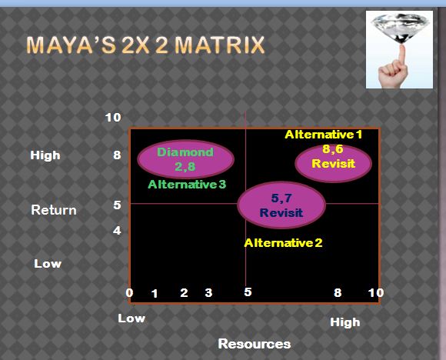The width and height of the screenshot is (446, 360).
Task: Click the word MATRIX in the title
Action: tap(220, 45)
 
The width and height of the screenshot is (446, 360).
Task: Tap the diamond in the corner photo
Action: tap(401, 28)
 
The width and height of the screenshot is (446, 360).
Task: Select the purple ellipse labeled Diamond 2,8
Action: tap(186, 159)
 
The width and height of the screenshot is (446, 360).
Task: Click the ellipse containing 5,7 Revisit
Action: tap(281, 205)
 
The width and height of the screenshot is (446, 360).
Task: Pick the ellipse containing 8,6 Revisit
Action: tap(334, 163)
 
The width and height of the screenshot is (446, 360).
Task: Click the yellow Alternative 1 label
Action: tap(324, 135)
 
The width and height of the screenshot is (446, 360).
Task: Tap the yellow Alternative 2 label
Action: tap(283, 243)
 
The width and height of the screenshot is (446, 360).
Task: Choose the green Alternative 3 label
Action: tap(187, 185)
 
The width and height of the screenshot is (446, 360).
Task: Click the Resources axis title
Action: tap(255, 344)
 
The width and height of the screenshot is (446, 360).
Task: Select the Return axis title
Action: tap(54, 210)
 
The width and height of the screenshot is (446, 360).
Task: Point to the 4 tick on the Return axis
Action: tap(117, 231)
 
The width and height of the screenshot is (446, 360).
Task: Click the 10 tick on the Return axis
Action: tap(113, 117)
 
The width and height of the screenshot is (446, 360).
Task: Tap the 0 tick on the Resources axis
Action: tap(129, 292)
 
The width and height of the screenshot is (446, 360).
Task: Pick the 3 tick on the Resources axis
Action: tap(208, 292)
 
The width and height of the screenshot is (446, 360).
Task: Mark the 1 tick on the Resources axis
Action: tap(155, 293)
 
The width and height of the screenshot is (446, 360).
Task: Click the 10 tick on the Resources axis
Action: tap(376, 292)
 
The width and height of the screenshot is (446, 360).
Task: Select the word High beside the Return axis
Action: tap(45, 155)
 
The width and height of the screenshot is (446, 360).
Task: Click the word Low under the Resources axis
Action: tap(131, 318)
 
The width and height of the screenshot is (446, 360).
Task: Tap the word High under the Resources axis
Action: tap(345, 322)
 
